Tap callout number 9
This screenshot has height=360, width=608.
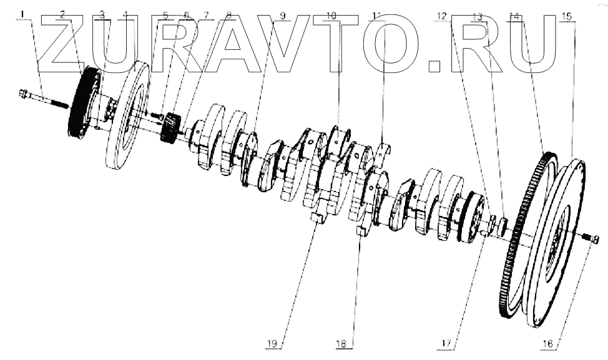click(x=282, y=13)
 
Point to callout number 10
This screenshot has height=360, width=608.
click(x=331, y=13)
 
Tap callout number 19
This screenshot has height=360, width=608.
click(x=273, y=342)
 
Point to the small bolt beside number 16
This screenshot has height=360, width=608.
click(x=590, y=238)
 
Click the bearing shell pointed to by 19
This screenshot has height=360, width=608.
click(x=317, y=217)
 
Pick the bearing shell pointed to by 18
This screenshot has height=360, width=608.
click(x=360, y=232)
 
